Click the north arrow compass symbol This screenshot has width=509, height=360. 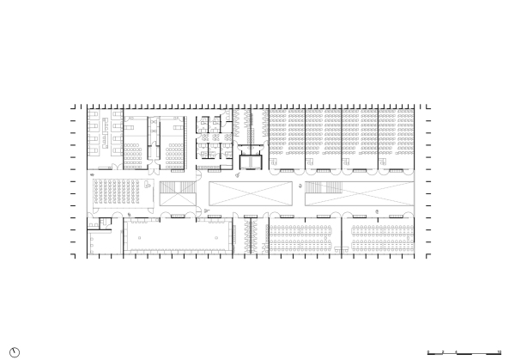pos(15,351)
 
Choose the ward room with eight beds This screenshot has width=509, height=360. pos(104,131)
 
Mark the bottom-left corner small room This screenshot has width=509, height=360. pos(103,245)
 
